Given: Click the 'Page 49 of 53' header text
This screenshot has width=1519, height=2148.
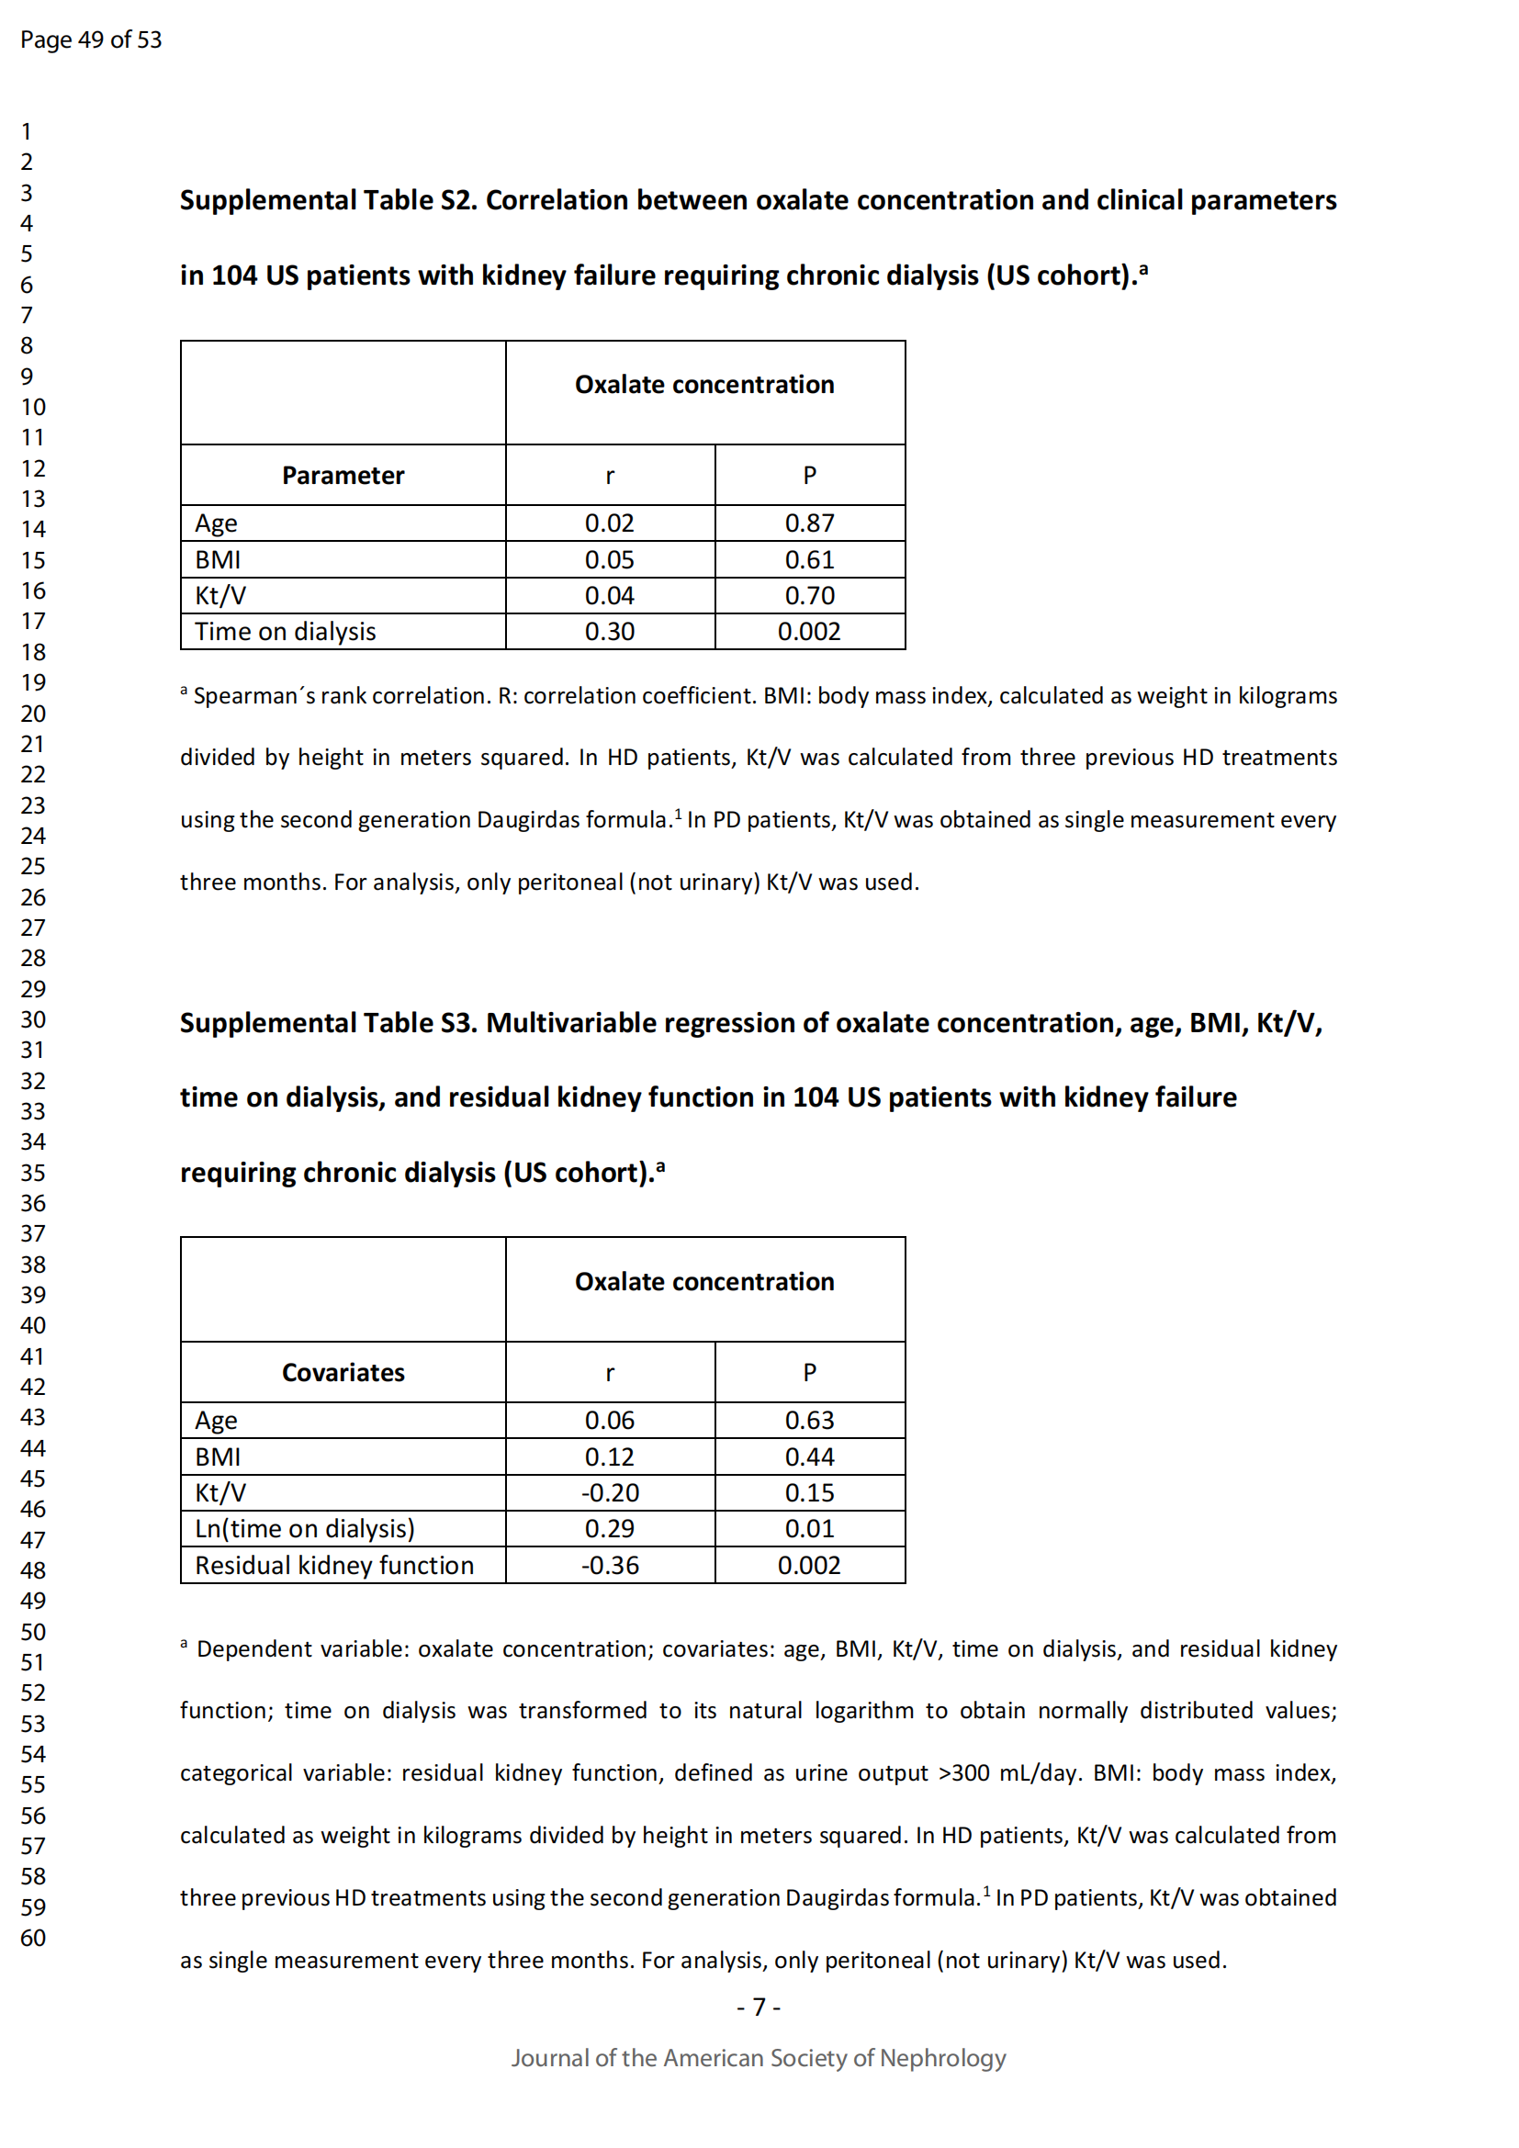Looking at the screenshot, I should point(91,39).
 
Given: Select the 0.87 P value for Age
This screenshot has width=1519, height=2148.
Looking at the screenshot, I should point(809,523).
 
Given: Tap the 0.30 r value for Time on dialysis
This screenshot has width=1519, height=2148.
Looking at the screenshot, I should point(609,632).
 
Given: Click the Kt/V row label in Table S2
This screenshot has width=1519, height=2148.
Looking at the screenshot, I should point(219,595).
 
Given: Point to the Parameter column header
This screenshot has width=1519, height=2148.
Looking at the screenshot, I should point(343,476).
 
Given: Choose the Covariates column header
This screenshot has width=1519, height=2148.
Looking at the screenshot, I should point(343,1372).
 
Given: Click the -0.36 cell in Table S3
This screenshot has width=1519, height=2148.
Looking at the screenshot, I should point(609,1565).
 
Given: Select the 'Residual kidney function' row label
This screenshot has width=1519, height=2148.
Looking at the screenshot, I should point(334,1565).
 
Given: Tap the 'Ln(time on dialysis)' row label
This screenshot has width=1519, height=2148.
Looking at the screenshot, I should point(304,1529).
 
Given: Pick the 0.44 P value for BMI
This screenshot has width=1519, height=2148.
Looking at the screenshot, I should point(809,1456).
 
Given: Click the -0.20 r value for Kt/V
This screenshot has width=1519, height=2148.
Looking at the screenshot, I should point(609,1493).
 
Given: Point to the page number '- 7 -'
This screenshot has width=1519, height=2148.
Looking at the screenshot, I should point(759,2007).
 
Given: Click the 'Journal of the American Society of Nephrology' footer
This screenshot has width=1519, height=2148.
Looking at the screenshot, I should point(758,2058).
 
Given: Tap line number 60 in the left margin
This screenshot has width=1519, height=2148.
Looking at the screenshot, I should point(33,1938).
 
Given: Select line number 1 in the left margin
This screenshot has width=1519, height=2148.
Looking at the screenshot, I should point(27,131).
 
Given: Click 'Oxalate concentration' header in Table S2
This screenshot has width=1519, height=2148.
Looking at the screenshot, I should point(704,385).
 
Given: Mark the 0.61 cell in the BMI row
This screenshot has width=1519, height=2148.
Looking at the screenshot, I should point(809,559).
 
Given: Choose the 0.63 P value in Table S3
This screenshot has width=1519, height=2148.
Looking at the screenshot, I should point(809,1420).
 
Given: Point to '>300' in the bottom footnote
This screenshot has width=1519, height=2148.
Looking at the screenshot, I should point(963,1772).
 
